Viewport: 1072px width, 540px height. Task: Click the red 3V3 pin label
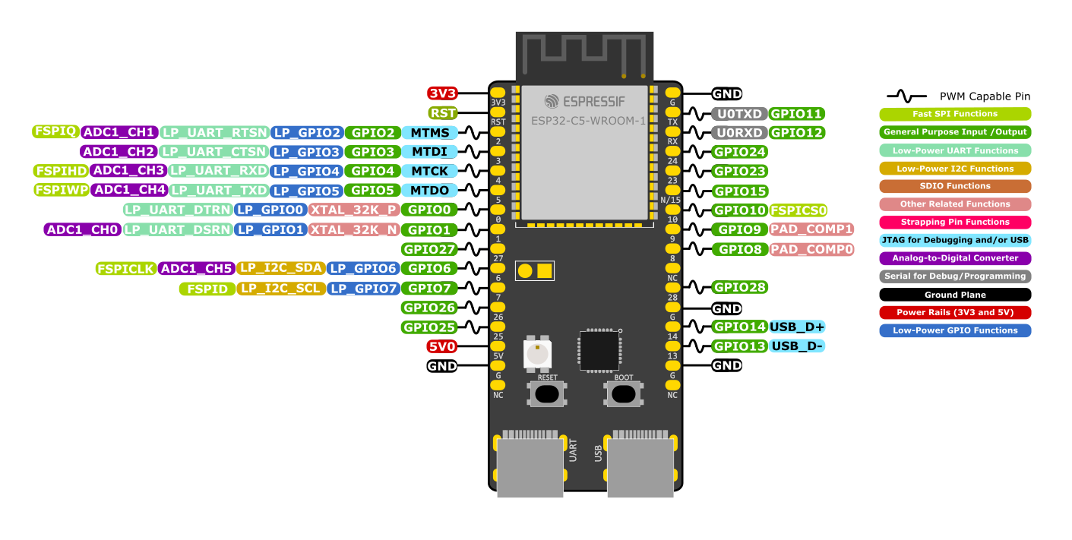[x=442, y=93]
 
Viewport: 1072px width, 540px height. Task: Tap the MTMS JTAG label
[x=429, y=132]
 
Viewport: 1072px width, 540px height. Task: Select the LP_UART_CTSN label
[x=215, y=152]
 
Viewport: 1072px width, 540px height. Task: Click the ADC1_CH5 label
[x=196, y=268]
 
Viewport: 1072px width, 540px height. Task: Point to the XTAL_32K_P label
[x=353, y=210]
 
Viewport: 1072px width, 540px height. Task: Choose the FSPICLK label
[x=125, y=269]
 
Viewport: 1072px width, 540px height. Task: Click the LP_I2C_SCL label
[x=281, y=289]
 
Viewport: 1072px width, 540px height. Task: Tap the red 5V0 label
[x=442, y=346]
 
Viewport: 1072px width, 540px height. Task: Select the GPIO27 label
[x=429, y=249]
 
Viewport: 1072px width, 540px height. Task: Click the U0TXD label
[x=739, y=114]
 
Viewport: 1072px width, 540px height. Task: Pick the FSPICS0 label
[x=798, y=210]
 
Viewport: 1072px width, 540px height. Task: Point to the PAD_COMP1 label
[x=811, y=229]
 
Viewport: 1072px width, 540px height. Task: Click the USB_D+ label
[x=797, y=327]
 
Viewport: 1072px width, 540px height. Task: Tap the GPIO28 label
[x=739, y=287]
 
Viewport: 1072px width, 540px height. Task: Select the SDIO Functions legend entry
[x=955, y=186]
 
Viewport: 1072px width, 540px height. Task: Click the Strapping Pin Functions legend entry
[x=955, y=223]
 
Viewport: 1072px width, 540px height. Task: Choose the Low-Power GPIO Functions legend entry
[x=955, y=330]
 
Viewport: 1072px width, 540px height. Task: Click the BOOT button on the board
[x=623, y=393]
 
